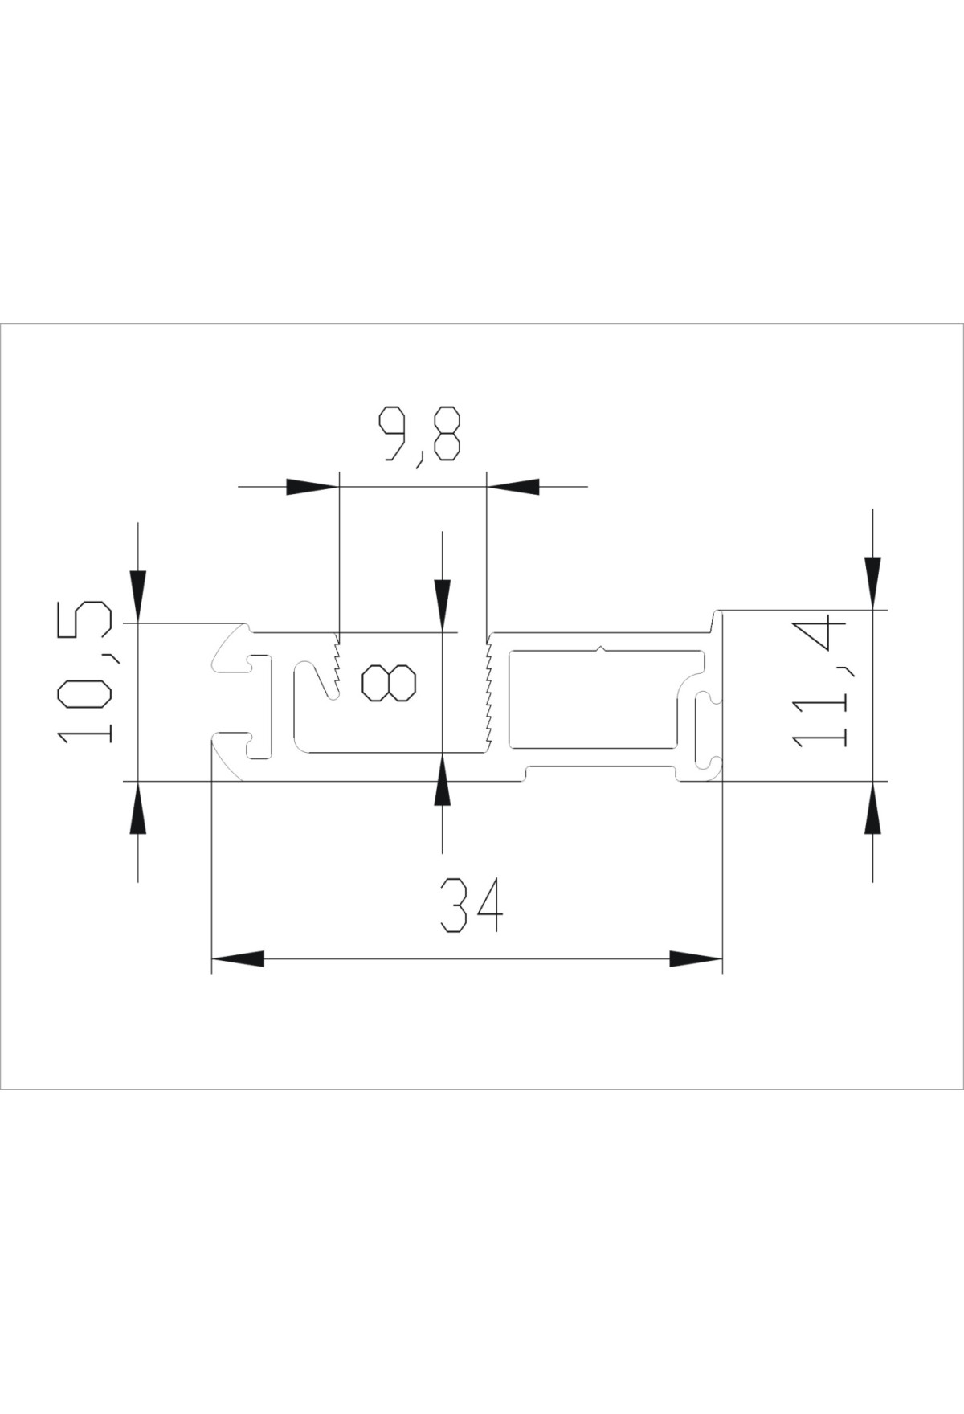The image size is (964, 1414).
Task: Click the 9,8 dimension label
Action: [421, 433]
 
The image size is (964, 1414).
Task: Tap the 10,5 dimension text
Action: [84, 672]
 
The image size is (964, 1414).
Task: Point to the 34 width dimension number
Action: [472, 905]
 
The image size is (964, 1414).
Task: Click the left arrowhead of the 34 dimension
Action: [238, 958]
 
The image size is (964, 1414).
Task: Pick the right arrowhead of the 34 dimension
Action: [696, 958]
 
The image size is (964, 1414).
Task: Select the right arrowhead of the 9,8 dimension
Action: [513, 486]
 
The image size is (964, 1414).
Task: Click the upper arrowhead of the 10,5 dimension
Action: [138, 596]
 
